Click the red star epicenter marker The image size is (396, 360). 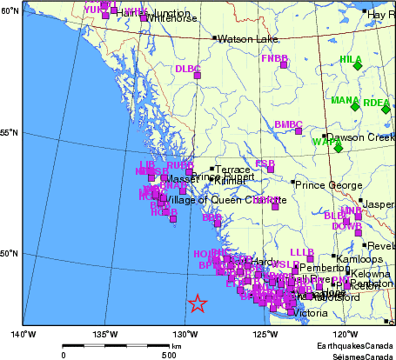coord(198,303)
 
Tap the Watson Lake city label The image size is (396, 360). coord(247,39)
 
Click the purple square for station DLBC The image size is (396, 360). coord(197,76)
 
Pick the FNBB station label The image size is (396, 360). coord(274,57)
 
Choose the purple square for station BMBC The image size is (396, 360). coord(298,131)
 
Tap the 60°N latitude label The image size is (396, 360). coord(10,11)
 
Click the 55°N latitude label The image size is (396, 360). coord(10,133)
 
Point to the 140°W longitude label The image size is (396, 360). coord(23,334)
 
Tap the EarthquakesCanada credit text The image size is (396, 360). coord(357,345)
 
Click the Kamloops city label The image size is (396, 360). coord(357,259)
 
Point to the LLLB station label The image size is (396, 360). coord(301,251)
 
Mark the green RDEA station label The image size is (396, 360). coord(377,103)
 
